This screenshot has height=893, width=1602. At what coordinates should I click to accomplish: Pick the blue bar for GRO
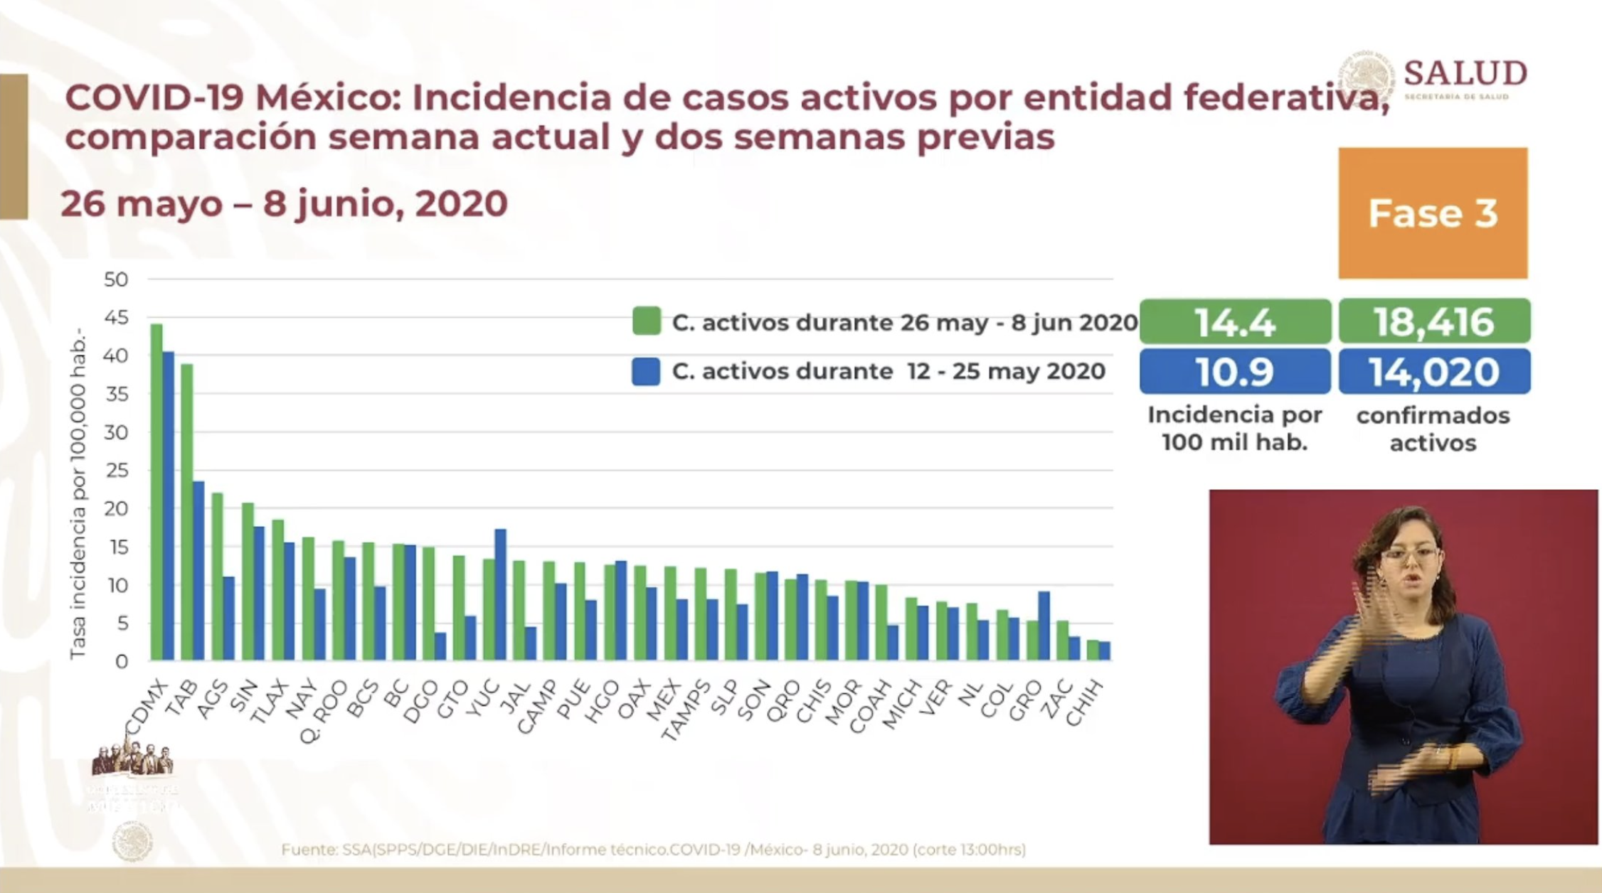click(1044, 626)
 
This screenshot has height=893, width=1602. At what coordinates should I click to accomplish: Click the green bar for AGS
click(217, 577)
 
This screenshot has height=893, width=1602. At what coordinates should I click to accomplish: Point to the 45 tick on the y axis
click(116, 318)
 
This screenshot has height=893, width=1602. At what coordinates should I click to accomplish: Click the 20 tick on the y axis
click(116, 509)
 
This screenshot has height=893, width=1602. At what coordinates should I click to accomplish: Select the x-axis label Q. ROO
click(324, 711)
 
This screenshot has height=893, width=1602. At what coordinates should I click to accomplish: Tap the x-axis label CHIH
click(1086, 703)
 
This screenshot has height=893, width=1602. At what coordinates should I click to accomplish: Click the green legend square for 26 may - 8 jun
click(646, 321)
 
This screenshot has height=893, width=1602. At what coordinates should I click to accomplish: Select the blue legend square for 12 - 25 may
click(646, 372)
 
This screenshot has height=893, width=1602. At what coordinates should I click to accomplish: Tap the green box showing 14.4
click(1235, 322)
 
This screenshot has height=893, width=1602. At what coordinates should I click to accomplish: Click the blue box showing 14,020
click(1434, 372)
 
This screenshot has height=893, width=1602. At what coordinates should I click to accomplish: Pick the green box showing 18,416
click(1434, 322)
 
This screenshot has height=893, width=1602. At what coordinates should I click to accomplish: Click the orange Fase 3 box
click(1433, 213)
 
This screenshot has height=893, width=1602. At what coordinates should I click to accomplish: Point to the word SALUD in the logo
click(1465, 74)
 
